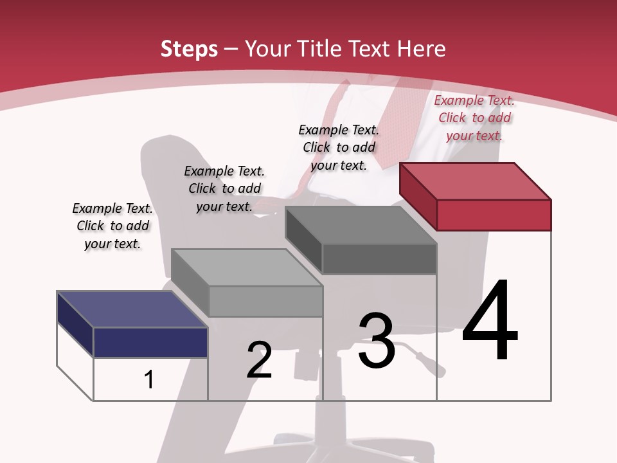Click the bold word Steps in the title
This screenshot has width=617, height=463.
[x=189, y=49]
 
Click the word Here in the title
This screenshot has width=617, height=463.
[x=422, y=49]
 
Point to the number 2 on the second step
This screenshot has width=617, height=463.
[x=260, y=359]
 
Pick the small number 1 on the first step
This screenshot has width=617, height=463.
[x=148, y=379]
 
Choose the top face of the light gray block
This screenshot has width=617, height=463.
[x=247, y=267]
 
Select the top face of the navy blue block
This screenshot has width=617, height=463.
[x=132, y=309]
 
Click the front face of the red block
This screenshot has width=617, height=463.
[x=494, y=215]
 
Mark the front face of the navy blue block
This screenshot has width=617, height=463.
[x=150, y=342]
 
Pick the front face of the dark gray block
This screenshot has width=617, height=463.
[x=379, y=259]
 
